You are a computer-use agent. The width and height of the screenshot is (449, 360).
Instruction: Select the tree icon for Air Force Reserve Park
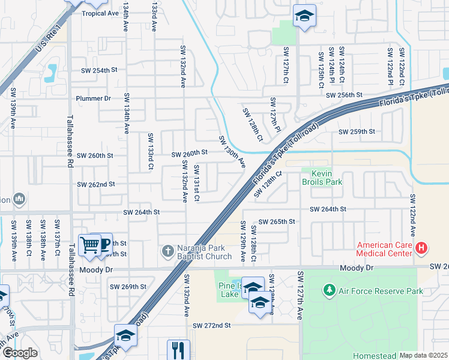[x=329, y=291]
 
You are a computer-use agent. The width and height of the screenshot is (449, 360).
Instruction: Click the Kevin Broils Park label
[x=325, y=177]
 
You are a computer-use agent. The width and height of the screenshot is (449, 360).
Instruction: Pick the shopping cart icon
[x=89, y=244]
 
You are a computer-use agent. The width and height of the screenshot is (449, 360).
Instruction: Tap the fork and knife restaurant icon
[x=178, y=350]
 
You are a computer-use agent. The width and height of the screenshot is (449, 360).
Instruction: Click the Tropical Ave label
[x=100, y=13]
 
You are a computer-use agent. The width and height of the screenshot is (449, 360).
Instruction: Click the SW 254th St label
[x=100, y=70]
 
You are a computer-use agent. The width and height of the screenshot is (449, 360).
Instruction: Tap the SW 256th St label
[x=345, y=95]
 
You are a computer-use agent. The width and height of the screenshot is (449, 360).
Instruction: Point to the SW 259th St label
[x=357, y=131]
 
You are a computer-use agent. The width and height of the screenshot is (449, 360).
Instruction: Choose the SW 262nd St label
[x=95, y=184]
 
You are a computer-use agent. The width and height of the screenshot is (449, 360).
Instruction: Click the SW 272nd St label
[x=212, y=325]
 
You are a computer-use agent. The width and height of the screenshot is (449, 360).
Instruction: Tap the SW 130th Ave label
[x=232, y=152]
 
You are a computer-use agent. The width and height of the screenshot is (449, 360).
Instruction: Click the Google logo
[x=19, y=353]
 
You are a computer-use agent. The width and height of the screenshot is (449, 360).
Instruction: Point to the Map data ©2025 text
[x=424, y=355]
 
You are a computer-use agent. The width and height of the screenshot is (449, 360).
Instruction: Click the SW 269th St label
[x=128, y=287]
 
